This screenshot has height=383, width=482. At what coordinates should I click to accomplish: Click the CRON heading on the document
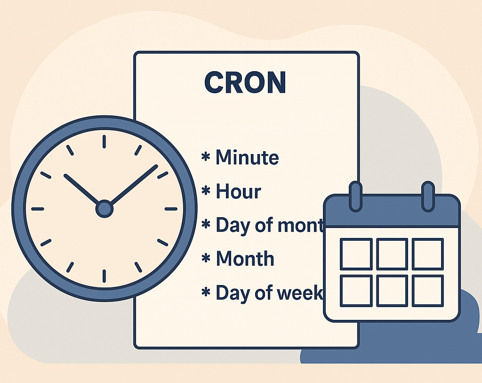click(x=245, y=82)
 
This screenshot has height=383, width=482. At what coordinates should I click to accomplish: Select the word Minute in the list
click(x=247, y=157)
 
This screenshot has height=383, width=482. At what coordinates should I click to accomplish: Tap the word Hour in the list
click(x=238, y=191)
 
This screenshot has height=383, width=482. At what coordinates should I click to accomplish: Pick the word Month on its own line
click(x=245, y=259)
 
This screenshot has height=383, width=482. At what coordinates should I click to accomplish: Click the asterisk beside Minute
click(x=206, y=157)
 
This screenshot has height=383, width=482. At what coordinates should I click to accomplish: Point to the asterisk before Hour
click(x=206, y=191)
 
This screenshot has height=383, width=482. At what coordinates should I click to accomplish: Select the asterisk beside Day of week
click(x=206, y=293)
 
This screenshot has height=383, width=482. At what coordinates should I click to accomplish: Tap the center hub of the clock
click(x=104, y=208)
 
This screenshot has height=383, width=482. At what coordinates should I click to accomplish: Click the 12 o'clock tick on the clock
click(x=104, y=141)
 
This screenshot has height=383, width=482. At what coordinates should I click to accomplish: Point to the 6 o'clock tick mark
click(x=104, y=276)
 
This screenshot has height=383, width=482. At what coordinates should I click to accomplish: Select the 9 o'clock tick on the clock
click(x=37, y=209)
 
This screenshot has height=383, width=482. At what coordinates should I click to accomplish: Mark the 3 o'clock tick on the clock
click(x=171, y=209)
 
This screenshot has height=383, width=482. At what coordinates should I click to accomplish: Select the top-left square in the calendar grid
click(x=356, y=254)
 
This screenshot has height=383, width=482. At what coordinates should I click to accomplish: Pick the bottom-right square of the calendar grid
click(x=428, y=291)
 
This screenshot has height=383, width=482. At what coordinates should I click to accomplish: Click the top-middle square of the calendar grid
click(x=392, y=254)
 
